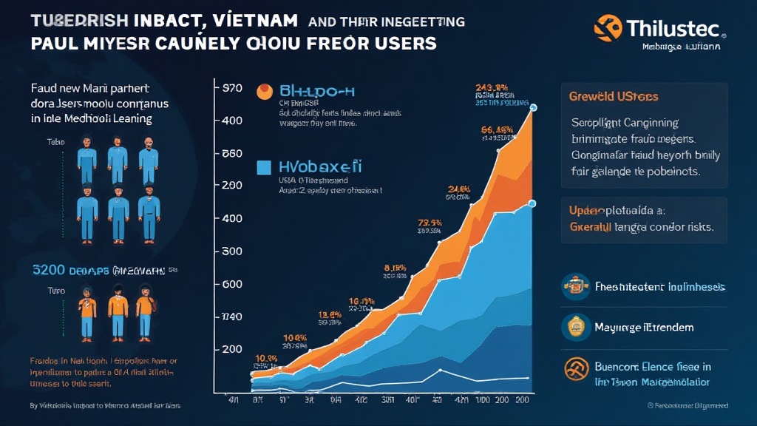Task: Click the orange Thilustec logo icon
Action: point(608,28)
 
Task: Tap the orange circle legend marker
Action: point(264,91)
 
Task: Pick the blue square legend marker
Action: point(264,168)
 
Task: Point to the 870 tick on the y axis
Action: point(232,87)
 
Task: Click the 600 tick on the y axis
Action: point(232,284)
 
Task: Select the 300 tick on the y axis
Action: point(232,251)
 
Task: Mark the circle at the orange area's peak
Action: point(534,109)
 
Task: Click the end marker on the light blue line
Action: point(534,201)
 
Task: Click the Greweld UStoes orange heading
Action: point(614,97)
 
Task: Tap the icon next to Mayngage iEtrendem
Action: point(572,325)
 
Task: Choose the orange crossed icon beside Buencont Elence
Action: point(572,368)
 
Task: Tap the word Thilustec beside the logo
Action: point(672,28)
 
